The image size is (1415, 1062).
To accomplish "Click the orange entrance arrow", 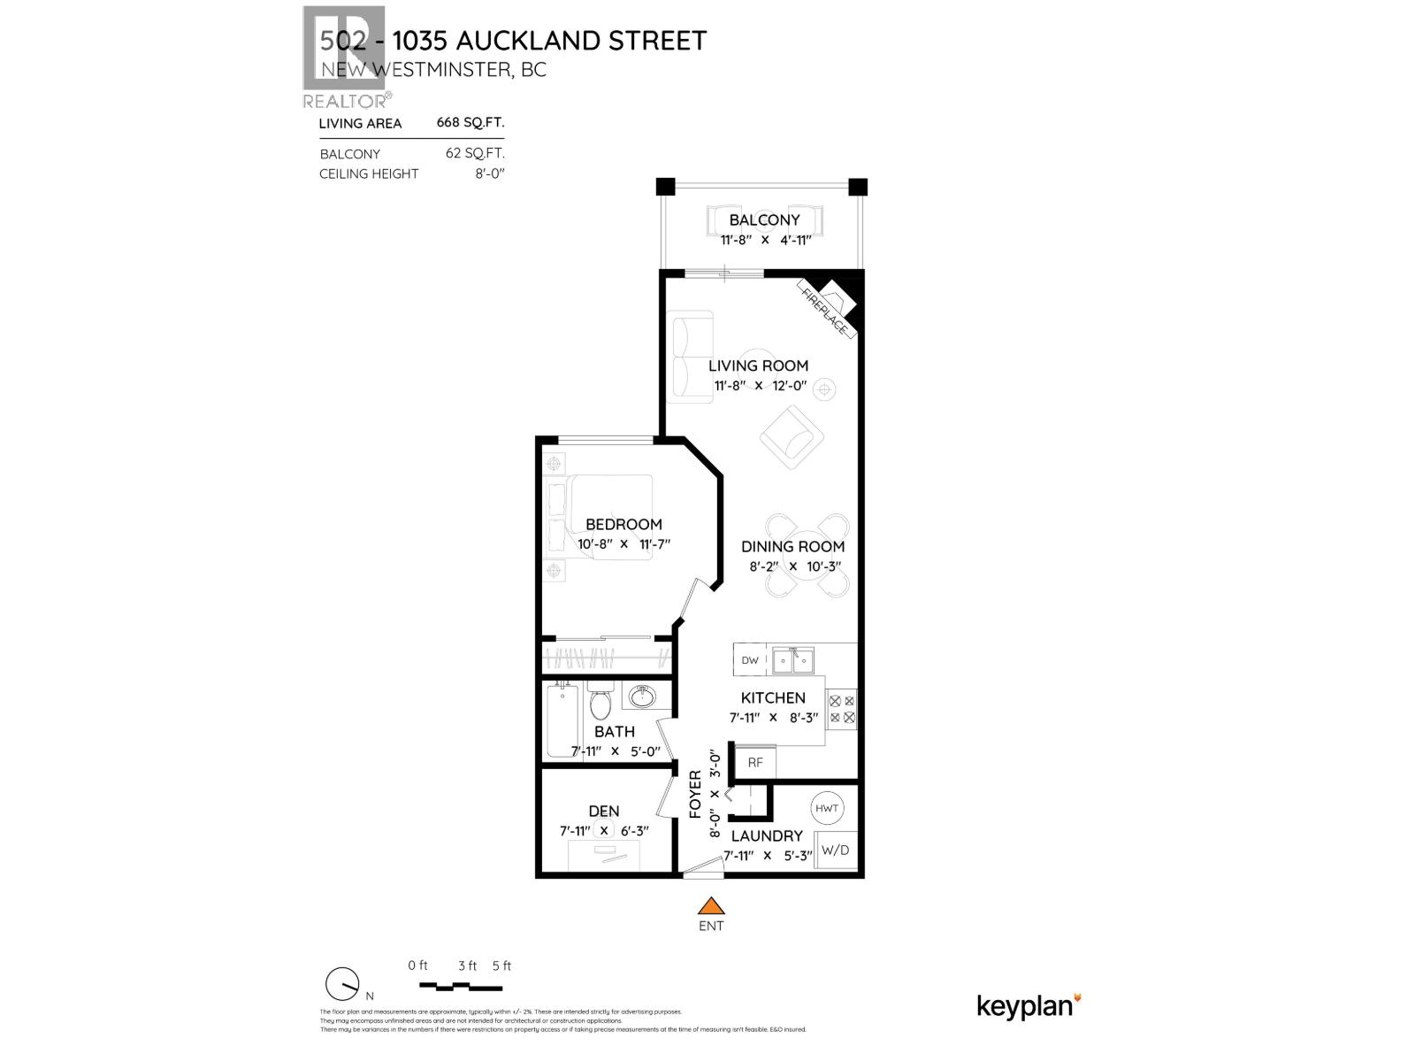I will pos(711,906).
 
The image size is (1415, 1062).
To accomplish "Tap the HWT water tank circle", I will pos(827,808).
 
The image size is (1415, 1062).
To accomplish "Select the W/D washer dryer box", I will pos(835,850).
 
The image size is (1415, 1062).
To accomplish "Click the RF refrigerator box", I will pos(755,762).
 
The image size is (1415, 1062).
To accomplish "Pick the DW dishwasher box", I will pos(750,660).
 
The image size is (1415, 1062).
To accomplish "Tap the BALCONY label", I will pos(764,219).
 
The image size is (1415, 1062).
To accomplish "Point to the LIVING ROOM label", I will pos(758,366).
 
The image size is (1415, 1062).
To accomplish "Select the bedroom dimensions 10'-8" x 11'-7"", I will pos(624,544).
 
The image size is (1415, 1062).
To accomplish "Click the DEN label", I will pos(604,811).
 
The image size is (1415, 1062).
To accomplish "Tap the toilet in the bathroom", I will pos(600,704).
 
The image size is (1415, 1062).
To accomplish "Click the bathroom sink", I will pos(640,696).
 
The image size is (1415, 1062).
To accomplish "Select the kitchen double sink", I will pos(792,659).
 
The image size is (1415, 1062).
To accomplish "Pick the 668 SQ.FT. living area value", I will pos(470,123).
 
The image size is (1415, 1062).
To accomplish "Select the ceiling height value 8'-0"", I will pos(489,173).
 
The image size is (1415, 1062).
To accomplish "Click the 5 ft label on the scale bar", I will pos(501,966).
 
